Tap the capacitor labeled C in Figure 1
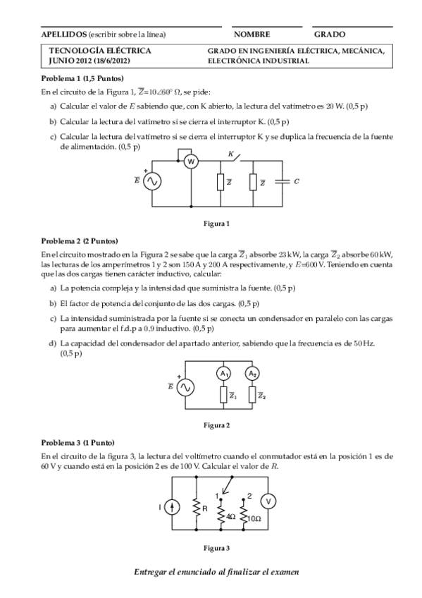(283, 181)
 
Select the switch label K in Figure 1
(230, 153)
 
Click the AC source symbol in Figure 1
(152, 181)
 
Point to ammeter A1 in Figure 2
(223, 373)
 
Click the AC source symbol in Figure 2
(186, 388)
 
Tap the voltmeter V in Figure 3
(268, 501)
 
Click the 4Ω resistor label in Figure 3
(230, 517)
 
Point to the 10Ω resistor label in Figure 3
(254, 518)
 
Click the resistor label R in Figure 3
(204, 507)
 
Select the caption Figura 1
(216, 224)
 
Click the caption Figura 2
(216, 425)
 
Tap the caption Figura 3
(216, 547)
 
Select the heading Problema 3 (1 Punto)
(80, 442)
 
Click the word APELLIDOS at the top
(63, 34)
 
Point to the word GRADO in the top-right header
(330, 34)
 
